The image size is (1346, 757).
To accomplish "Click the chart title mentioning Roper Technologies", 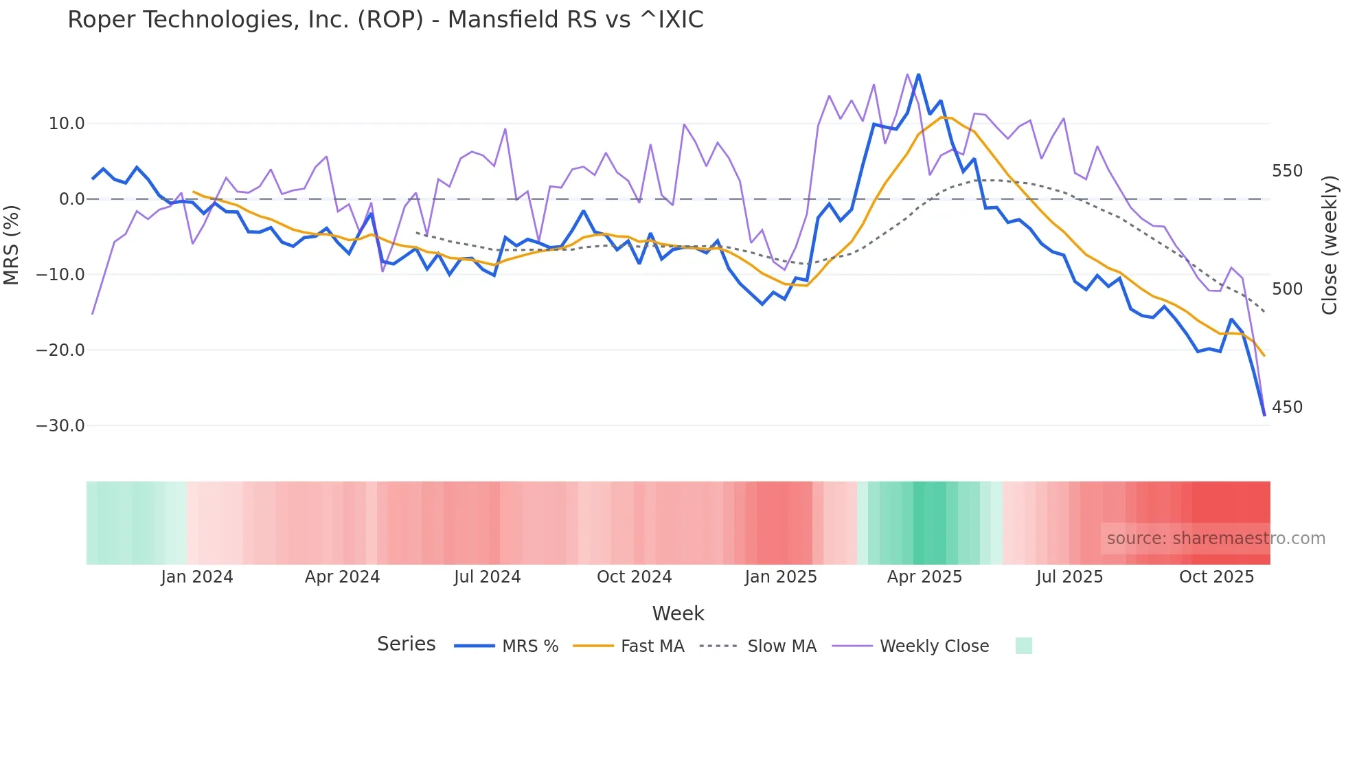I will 385,20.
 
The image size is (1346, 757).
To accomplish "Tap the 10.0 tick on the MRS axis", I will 67,124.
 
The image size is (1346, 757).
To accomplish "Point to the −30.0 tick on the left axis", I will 60,426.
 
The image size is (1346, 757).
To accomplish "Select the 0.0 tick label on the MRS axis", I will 71,199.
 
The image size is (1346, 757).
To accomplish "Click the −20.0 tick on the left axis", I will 60,350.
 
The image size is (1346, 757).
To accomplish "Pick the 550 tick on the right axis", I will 1287,171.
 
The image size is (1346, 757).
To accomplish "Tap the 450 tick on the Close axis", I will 1287,407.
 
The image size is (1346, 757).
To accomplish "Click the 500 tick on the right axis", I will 1287,289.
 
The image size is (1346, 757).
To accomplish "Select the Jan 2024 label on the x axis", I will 197,577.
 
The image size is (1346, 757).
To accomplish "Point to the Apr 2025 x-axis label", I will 924,577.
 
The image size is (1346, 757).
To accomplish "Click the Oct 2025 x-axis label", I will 1216,577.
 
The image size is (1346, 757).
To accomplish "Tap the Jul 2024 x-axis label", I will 488,577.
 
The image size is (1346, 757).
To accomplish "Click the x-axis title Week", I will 678,613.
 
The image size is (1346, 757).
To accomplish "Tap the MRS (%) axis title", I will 12,245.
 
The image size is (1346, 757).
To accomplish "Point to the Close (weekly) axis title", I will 1330,245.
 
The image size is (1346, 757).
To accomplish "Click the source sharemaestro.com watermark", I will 1216,539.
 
